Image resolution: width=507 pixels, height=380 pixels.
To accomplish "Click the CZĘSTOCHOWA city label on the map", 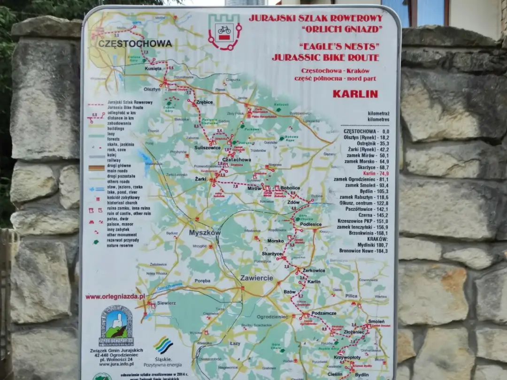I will pyautogui.click(x=135, y=44).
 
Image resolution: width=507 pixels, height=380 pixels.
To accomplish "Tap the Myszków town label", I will pyautogui.click(x=205, y=233).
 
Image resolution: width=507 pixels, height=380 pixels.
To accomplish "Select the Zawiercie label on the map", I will pyautogui.click(x=256, y=278).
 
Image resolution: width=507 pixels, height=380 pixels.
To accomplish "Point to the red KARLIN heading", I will pyautogui.click(x=355, y=94).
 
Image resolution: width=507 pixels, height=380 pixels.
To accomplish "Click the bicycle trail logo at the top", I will pyautogui.click(x=224, y=31).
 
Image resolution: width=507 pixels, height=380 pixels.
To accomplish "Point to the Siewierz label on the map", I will pyautogui.click(x=166, y=303).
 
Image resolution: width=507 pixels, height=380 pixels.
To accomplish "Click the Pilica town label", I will pyautogui.click(x=351, y=296).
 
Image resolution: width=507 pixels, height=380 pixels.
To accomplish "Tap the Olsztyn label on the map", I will pyautogui.click(x=152, y=89).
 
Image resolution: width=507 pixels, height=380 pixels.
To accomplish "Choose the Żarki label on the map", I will pyautogui.click(x=201, y=179).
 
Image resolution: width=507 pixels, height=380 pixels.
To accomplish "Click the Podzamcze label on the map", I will pyautogui.click(x=324, y=313).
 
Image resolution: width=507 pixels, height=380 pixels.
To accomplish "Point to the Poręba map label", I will pyautogui.click(x=202, y=281).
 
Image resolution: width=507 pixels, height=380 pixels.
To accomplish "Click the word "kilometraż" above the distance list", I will pyautogui.click(x=378, y=113).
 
